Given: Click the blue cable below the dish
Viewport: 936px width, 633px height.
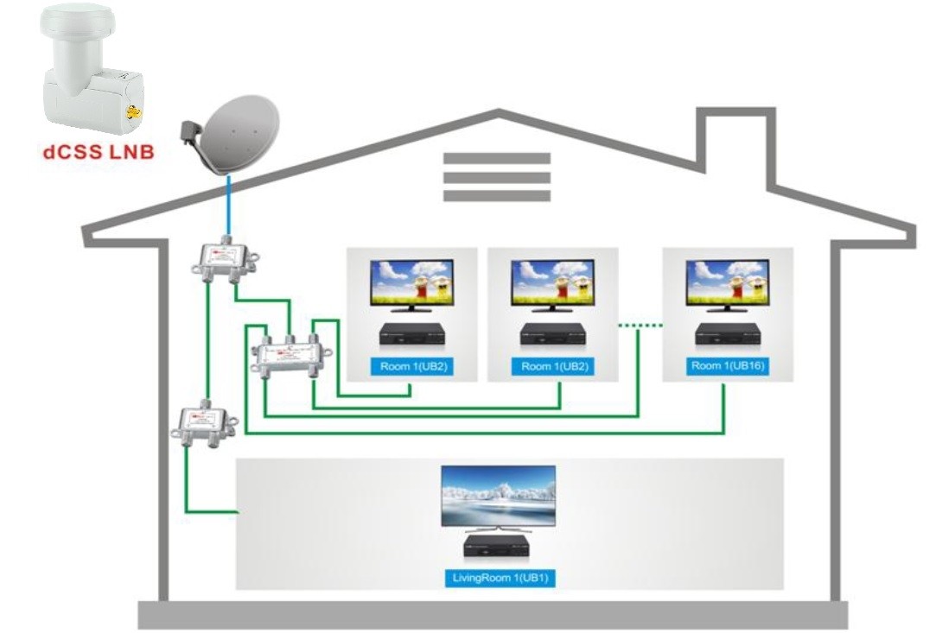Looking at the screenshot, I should tap(227, 204).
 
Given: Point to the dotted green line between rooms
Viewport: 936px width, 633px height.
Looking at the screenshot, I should tap(640, 326).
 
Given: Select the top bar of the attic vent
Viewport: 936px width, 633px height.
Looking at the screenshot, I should tap(497, 158).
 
